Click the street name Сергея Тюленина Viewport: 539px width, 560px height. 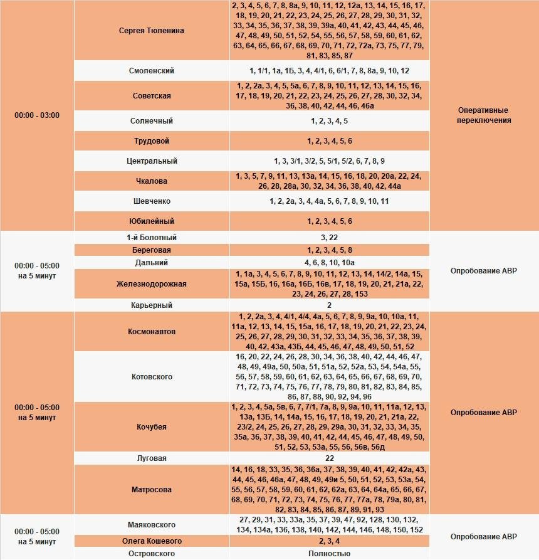(x=151, y=31)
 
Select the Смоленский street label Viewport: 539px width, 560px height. (x=151, y=71)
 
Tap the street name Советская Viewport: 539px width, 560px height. (x=151, y=96)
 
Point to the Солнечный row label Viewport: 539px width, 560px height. (x=151, y=120)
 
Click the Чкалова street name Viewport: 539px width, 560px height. (x=151, y=181)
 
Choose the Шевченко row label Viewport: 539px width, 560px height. (x=151, y=201)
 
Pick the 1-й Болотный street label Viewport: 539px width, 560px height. (x=151, y=238)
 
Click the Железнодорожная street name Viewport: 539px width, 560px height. (x=151, y=284)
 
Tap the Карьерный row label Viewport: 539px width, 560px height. (x=151, y=305)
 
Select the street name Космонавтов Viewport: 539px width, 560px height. (x=151, y=331)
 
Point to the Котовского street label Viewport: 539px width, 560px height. (x=151, y=377)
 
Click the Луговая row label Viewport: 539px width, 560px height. (x=151, y=458)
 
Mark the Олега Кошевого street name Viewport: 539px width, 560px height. (x=151, y=541)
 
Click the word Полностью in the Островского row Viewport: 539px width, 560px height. (x=329, y=554)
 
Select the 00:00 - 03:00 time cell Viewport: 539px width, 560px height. (x=37, y=115)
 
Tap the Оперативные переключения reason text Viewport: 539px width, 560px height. (x=484, y=115)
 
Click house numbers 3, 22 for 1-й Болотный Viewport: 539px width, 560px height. (x=329, y=238)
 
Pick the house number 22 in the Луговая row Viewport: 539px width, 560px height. (x=329, y=458)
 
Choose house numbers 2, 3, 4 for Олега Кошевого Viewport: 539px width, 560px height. (x=329, y=541)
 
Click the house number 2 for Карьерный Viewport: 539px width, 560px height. (x=329, y=305)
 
